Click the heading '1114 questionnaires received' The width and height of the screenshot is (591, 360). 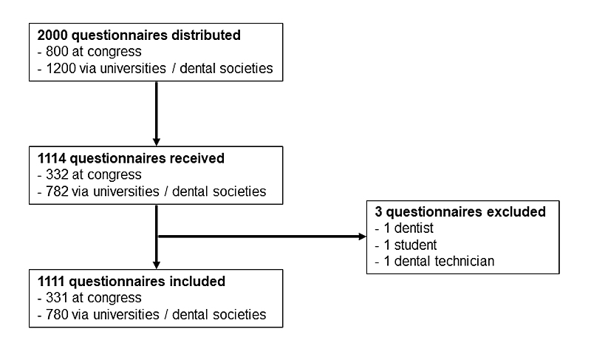[130, 157]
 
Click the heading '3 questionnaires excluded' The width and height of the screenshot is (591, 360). [460, 212]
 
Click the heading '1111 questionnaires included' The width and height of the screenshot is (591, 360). [130, 281]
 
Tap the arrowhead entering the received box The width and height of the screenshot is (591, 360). [157, 141]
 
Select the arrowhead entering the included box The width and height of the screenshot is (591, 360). [157, 265]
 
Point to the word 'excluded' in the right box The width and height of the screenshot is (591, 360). [518, 212]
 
